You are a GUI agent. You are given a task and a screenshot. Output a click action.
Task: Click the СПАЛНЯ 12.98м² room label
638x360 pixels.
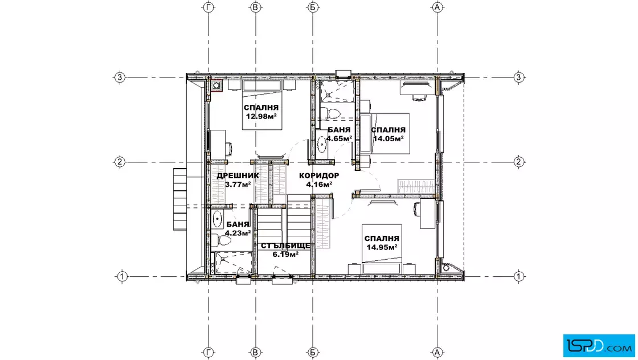point(261,112)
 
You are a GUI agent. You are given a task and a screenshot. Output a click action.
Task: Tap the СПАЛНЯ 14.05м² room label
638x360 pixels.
point(388,134)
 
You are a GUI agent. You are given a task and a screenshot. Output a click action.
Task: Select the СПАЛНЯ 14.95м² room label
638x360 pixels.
point(382,243)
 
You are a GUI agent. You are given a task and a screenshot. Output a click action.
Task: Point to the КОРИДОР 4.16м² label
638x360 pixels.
point(319,180)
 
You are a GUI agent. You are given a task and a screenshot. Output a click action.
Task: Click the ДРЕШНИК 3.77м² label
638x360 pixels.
point(238,180)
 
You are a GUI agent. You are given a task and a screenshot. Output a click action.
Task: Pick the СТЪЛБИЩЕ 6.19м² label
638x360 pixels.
point(285,250)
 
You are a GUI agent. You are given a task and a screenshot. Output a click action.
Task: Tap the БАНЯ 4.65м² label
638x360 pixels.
point(339,134)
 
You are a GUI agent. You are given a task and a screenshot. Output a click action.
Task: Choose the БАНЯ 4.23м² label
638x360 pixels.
point(238,228)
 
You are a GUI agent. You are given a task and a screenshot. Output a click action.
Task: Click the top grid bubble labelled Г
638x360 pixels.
point(208,7)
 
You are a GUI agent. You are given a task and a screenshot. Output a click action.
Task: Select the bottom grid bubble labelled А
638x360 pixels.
point(437,352)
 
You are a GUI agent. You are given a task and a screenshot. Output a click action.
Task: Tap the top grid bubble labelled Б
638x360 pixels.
point(313,7)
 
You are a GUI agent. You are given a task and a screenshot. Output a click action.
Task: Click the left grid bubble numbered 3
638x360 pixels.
point(119,77)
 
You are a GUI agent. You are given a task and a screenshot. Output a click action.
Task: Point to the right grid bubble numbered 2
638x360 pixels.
point(518,162)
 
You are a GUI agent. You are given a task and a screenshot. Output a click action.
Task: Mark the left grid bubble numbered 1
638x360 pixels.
point(122,277)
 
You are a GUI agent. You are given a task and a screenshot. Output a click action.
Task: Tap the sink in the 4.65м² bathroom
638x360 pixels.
point(322,144)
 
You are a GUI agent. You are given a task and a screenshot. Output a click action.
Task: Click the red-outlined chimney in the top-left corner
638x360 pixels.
point(216,85)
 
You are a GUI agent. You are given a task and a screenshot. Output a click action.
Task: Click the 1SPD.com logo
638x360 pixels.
point(599,346)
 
